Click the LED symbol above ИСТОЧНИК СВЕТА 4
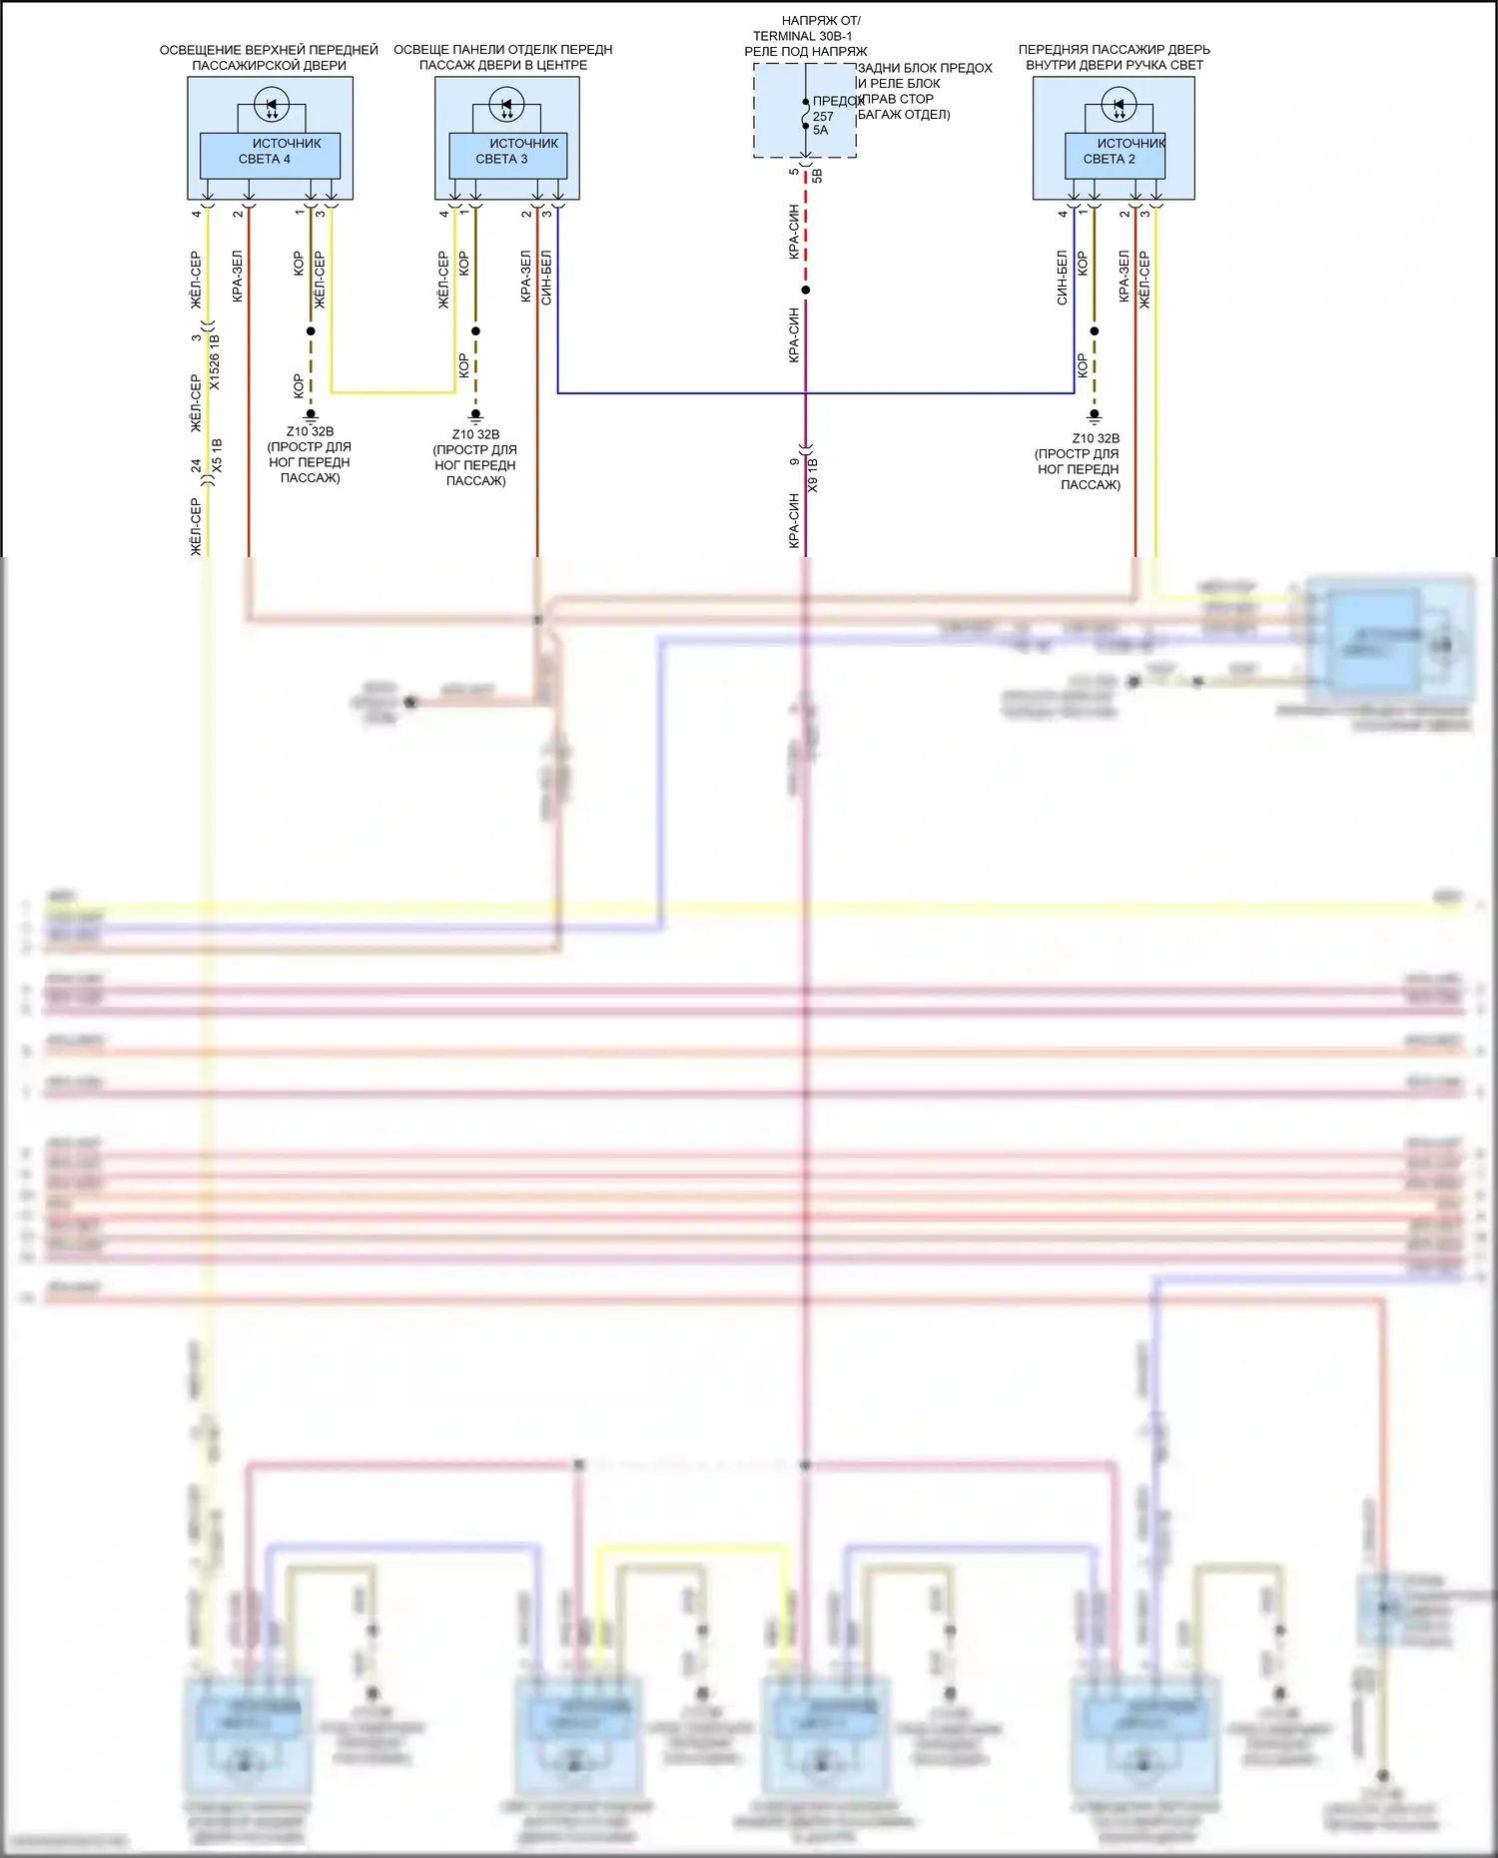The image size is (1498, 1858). [272, 104]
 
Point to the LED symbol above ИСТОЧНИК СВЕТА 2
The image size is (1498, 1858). [1118, 104]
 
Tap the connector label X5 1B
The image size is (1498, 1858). [217, 455]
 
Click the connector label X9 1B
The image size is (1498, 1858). [813, 474]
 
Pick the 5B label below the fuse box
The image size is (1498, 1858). [817, 176]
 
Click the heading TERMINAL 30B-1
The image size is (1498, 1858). [802, 36]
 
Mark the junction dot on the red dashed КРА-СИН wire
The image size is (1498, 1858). [806, 291]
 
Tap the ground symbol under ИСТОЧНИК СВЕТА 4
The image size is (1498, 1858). [311, 414]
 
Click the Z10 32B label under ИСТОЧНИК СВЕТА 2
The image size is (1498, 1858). [1096, 438]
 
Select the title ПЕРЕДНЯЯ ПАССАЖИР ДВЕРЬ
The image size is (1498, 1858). [1114, 49]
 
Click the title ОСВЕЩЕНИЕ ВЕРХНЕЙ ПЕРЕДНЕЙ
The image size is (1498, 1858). [269, 49]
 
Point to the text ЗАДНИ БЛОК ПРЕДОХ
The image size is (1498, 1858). [925, 68]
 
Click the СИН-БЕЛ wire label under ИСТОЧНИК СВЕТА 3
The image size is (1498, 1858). [546, 277]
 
